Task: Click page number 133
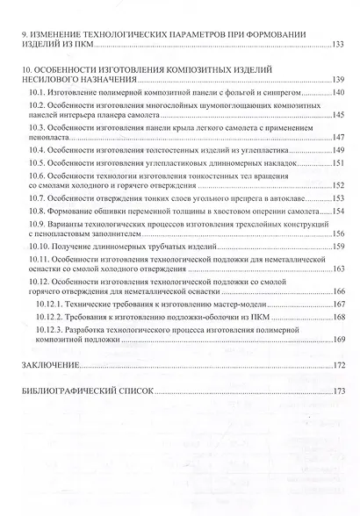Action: click(339, 43)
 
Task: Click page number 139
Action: click(339, 79)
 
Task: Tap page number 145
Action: click(339, 115)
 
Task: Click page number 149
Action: click(339, 150)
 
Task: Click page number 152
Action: click(339, 186)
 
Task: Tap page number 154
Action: click(339, 211)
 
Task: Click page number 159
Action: click(339, 247)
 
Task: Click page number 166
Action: click(339, 292)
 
